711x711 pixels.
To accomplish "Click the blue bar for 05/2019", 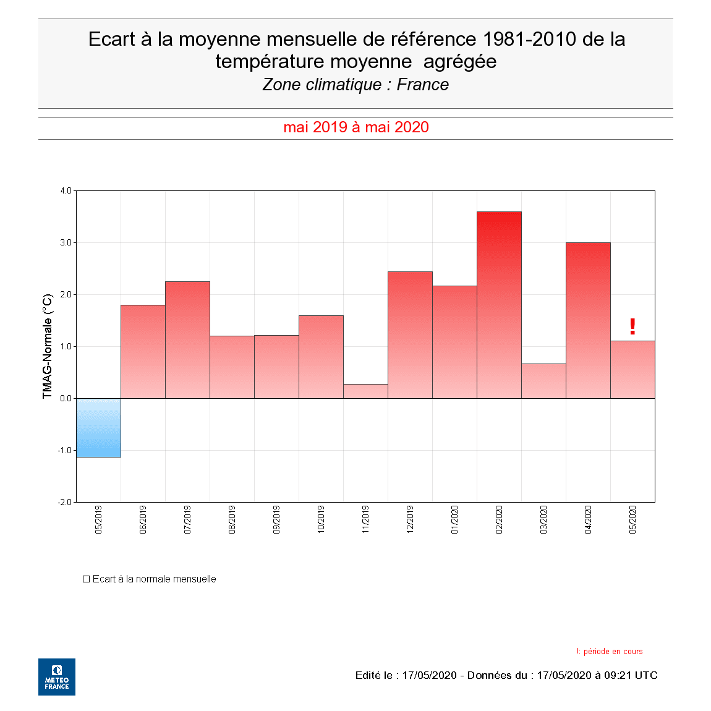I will [x=98, y=427].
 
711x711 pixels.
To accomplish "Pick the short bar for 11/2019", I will [x=365, y=391].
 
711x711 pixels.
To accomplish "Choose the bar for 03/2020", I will [x=543, y=381].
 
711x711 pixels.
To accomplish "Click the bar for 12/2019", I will [x=410, y=334].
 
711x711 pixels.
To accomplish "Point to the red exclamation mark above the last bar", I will [x=632, y=326].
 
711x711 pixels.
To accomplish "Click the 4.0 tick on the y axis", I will [x=66, y=191].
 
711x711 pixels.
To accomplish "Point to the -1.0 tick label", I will [x=65, y=450].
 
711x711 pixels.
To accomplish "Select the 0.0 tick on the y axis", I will [x=66, y=398].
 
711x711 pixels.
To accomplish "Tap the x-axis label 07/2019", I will [x=187, y=519].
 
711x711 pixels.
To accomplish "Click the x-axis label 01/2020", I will [x=454, y=519].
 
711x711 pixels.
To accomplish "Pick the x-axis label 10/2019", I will [x=321, y=519].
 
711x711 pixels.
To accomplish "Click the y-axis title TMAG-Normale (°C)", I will [x=48, y=346].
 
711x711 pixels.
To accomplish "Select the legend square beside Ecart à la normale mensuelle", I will [x=87, y=579].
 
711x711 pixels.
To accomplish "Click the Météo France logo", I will [x=57, y=677].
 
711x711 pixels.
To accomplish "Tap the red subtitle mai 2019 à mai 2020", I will [x=356, y=127].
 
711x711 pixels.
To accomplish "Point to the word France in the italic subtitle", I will [x=423, y=85].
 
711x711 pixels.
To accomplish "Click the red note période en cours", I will [x=613, y=652].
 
